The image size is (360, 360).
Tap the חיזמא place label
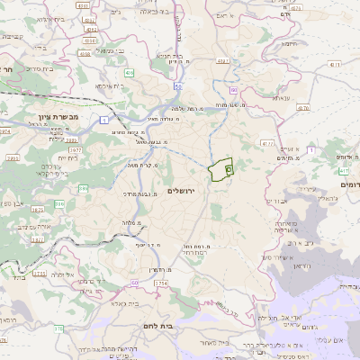pos(288,42)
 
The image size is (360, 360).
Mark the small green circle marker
pos(229,168)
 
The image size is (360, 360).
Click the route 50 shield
pos(179,86)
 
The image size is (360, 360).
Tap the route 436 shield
pos(130,72)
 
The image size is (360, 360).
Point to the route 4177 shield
pos(266,143)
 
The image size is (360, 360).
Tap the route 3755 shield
pos(39,273)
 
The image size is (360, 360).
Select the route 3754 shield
pos(160,283)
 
